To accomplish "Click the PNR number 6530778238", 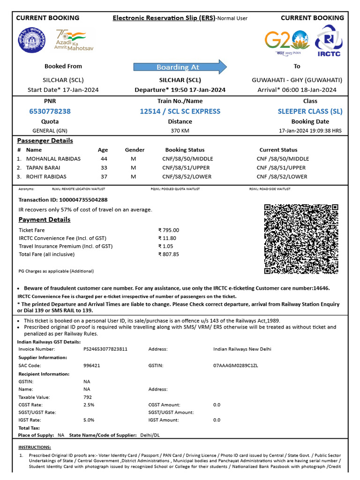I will coord(50,111).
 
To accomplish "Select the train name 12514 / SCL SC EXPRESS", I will coord(180,111).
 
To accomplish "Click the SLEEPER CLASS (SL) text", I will coord(310,111).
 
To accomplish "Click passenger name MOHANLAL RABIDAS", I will coord(53,159).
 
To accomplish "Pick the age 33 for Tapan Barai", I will coord(104,168).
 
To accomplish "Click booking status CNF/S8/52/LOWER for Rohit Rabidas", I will coord(187,177).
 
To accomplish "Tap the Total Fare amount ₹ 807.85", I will coord(169,255).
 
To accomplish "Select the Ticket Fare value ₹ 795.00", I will coord(169,230).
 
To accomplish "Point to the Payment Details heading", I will coord(45,220).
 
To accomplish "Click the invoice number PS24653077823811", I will coord(105,349).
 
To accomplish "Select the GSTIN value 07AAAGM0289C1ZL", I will coord(235,365).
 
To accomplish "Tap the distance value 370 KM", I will coord(180,131).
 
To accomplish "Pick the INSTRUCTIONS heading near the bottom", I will coord(35,447).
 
